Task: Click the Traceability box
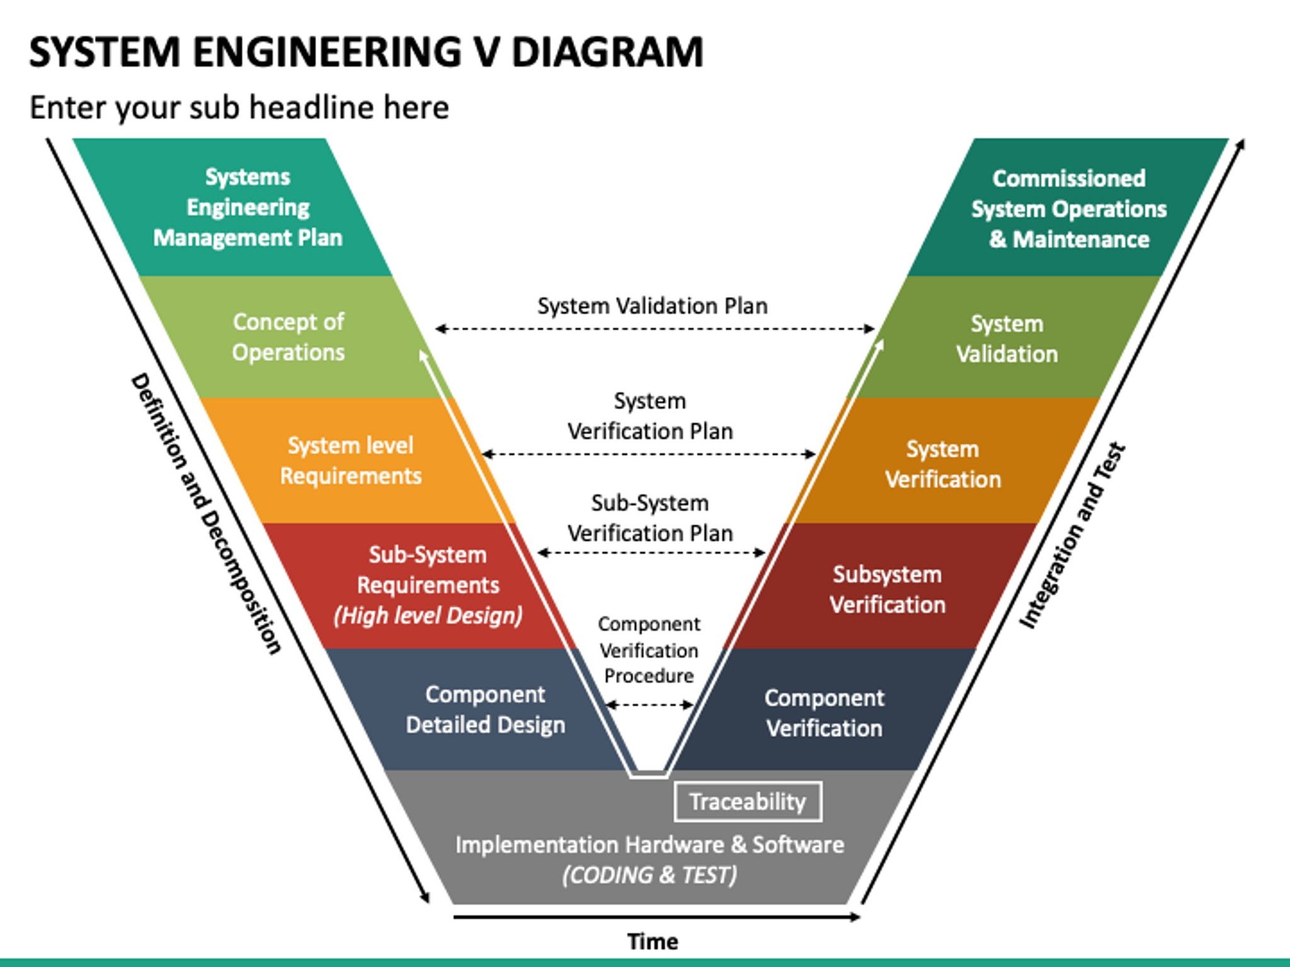click(x=748, y=801)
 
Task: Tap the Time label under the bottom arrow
click(x=653, y=942)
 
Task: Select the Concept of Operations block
click(x=288, y=337)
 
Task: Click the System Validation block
click(x=1007, y=339)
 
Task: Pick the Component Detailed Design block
click(x=485, y=710)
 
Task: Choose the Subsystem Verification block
click(x=887, y=589)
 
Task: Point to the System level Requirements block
click(x=350, y=460)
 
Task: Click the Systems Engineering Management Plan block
click(x=248, y=207)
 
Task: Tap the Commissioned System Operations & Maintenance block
click(x=1068, y=208)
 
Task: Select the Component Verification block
click(x=824, y=713)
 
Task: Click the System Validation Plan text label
click(x=652, y=306)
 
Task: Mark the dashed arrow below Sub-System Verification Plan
click(x=651, y=553)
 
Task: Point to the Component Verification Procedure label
click(x=649, y=650)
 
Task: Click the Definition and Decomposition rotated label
click(x=205, y=513)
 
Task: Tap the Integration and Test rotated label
click(x=1072, y=535)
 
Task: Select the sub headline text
click(x=239, y=107)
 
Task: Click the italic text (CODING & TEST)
click(x=649, y=875)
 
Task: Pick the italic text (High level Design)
click(x=428, y=615)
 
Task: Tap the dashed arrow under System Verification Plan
click(x=649, y=454)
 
